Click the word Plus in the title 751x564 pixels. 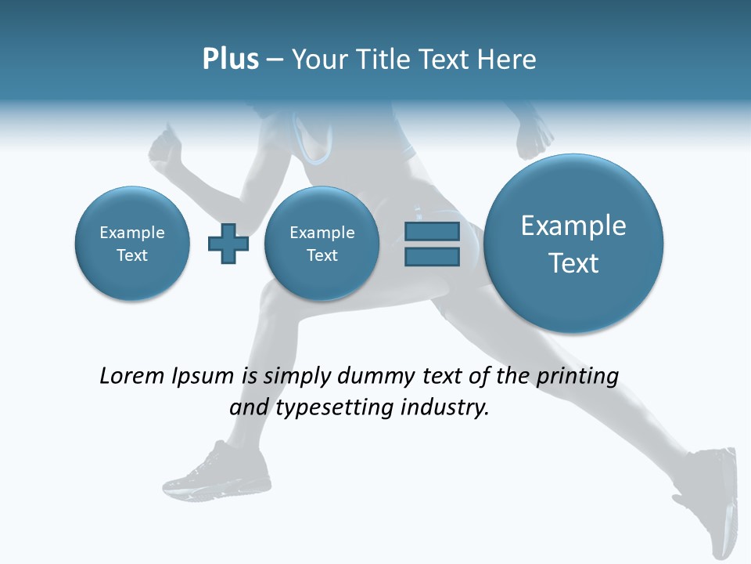coord(230,60)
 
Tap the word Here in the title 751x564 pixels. coord(508,60)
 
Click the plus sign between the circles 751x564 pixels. coord(228,244)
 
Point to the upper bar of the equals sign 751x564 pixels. coord(432,231)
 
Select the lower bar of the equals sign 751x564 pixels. coord(432,257)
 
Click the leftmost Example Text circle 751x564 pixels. coord(132,244)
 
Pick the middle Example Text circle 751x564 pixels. coord(322,244)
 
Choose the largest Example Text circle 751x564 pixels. coord(573,244)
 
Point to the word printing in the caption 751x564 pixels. coord(577,377)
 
